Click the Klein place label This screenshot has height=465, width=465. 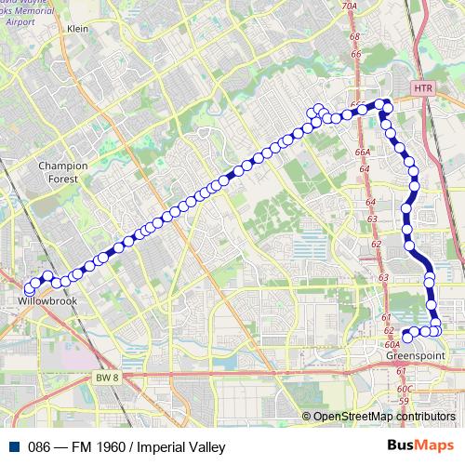[x=77, y=29]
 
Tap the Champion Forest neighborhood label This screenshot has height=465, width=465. [x=62, y=171]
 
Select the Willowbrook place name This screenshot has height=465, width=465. [x=46, y=302]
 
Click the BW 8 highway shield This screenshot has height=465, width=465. [x=108, y=376]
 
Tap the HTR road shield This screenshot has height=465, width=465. [x=422, y=87]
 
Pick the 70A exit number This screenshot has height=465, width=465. [x=349, y=7]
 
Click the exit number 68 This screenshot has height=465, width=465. [x=354, y=36]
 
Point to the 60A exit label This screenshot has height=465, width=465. [x=391, y=344]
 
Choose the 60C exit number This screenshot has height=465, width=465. [x=404, y=389]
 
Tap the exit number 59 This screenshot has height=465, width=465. [x=403, y=401]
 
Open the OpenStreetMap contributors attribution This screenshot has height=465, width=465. [x=383, y=416]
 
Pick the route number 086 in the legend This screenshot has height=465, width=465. [x=38, y=446]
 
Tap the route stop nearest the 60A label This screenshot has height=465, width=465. [x=405, y=334]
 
